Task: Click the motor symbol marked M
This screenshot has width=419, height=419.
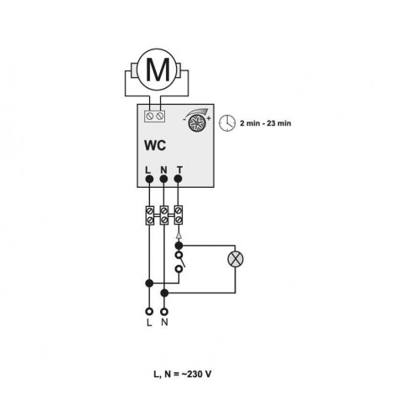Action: (x=157, y=70)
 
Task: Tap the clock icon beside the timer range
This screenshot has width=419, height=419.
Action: (x=227, y=122)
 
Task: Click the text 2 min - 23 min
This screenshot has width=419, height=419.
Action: (x=266, y=123)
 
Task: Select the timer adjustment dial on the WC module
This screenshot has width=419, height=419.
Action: (x=197, y=123)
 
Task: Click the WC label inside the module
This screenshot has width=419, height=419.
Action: (x=155, y=145)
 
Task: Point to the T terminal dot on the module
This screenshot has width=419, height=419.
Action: (x=178, y=178)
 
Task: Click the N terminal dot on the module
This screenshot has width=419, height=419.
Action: (x=163, y=178)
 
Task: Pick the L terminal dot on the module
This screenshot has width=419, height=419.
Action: (x=149, y=178)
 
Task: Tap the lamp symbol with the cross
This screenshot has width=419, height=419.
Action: (x=235, y=259)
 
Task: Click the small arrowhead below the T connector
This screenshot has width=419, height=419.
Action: (x=179, y=235)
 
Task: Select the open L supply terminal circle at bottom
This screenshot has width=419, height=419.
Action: (x=149, y=311)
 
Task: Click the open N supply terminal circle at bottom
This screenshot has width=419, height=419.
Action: (x=164, y=311)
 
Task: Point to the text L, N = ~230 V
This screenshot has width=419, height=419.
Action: (x=183, y=374)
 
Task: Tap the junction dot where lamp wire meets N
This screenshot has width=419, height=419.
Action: (x=164, y=293)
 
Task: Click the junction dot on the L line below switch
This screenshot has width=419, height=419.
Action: (x=149, y=283)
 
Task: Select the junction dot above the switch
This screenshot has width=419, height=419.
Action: (x=178, y=246)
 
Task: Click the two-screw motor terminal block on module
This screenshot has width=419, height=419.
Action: (x=155, y=116)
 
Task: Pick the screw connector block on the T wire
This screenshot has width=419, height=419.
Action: (x=178, y=215)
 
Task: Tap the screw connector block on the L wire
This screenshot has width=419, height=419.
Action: (x=150, y=215)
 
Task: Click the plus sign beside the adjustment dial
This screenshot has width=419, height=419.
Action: (x=209, y=118)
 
